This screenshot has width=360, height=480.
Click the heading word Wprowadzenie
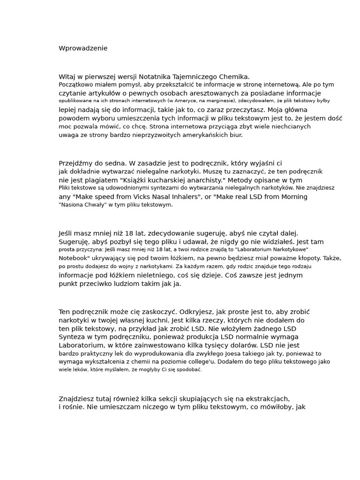click(83, 48)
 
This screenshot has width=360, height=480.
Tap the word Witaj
click(67, 76)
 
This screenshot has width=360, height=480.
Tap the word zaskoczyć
click(160, 312)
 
